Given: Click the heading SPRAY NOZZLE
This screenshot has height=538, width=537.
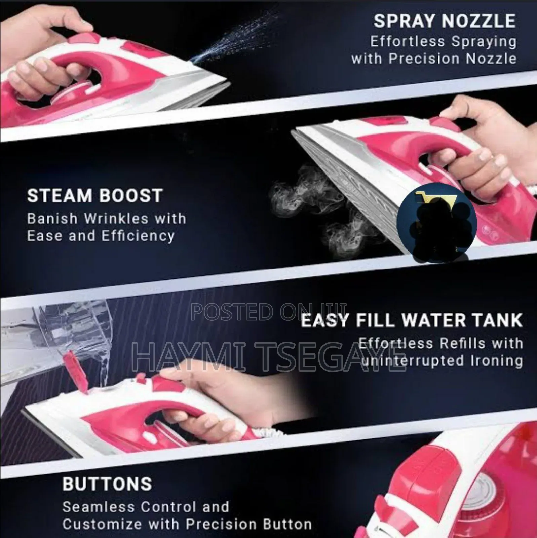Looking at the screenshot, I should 444,21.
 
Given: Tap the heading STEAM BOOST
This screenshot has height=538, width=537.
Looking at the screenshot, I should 94,196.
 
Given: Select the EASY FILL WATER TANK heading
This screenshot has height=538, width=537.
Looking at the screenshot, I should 412,320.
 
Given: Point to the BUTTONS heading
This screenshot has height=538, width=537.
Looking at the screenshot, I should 107,474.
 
